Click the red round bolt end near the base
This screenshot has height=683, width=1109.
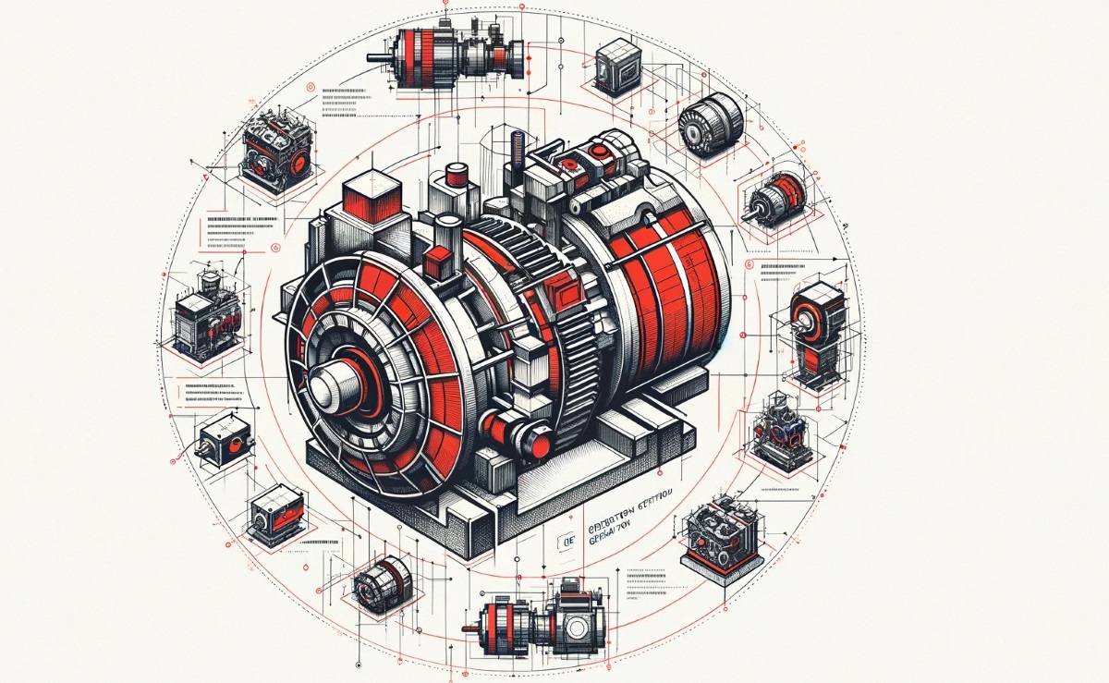(500, 431)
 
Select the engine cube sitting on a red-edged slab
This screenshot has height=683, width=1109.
(722, 533)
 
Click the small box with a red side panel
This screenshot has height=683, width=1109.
(277, 512)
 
